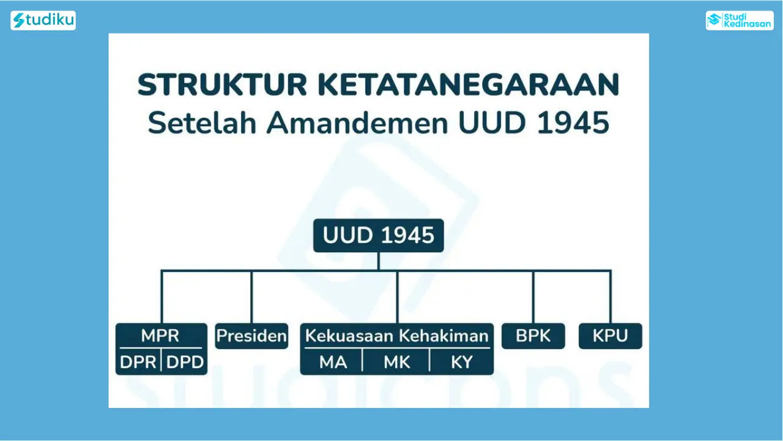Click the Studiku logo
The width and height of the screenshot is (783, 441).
click(x=43, y=20)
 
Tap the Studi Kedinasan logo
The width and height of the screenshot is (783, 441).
click(x=740, y=20)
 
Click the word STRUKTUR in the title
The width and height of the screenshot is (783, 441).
click(x=222, y=85)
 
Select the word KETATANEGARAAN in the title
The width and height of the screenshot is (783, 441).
click(x=469, y=85)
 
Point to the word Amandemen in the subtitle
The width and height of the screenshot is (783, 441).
click(x=357, y=123)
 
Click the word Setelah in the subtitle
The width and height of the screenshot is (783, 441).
click(x=202, y=123)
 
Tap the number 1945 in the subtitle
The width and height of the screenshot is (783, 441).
click(x=573, y=123)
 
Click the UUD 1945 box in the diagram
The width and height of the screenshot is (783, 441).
click(x=379, y=235)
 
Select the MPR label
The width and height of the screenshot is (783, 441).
click(x=160, y=335)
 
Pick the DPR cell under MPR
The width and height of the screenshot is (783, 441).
click(x=138, y=362)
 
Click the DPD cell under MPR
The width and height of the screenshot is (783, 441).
click(x=185, y=362)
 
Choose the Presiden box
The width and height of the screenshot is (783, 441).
click(x=251, y=336)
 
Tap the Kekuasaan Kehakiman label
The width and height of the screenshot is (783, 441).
click(x=397, y=336)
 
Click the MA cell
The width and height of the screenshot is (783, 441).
click(x=333, y=362)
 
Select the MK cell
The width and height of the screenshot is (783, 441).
click(x=397, y=362)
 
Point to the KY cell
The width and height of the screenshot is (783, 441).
click(x=462, y=362)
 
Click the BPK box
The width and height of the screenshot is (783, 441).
click(x=533, y=336)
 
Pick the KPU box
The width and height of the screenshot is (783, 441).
click(x=610, y=336)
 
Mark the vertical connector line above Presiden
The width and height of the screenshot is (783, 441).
click(x=251, y=297)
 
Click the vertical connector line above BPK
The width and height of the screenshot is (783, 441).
click(x=533, y=297)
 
